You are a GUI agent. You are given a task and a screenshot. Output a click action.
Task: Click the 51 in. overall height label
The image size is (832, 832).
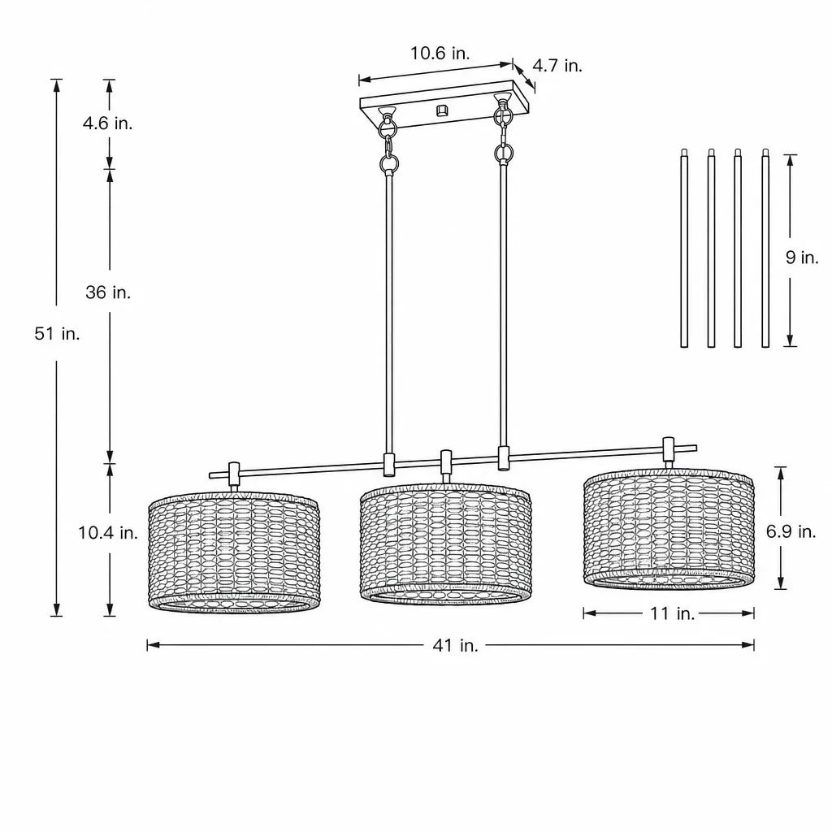58,334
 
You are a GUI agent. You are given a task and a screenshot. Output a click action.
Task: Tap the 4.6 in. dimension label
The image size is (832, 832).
108,123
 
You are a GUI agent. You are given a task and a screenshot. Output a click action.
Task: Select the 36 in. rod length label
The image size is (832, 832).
108,292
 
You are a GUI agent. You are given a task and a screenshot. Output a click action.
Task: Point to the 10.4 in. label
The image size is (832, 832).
108,532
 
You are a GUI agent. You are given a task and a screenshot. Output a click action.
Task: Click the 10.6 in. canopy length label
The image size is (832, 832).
440,53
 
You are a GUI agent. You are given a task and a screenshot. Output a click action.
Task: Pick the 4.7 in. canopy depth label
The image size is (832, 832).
557,66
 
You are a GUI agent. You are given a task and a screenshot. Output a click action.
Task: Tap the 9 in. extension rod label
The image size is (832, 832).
802,258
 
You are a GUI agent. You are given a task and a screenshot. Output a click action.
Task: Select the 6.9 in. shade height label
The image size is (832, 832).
791,531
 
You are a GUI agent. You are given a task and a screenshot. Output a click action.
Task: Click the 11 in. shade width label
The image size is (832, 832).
672,613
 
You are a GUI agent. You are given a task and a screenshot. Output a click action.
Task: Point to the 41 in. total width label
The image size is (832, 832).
455,645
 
